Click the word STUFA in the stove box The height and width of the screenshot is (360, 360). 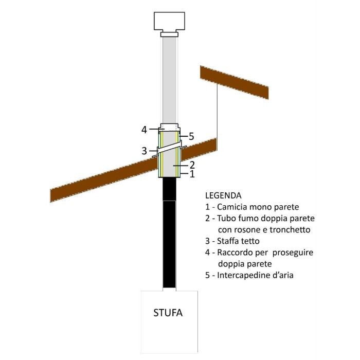tap(169, 312)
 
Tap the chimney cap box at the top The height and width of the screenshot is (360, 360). tap(169, 21)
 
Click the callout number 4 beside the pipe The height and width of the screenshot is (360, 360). tap(145, 129)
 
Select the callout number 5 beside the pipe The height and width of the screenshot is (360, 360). tap(191, 136)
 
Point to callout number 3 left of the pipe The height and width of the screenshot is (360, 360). tap(145, 151)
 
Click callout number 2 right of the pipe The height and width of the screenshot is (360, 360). tap(191, 165)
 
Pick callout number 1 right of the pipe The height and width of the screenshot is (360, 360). tap(191, 174)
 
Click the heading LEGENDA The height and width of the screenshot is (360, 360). tap(222, 196)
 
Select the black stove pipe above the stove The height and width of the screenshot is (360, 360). tap(169, 237)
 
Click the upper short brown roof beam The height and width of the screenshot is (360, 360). tap(234, 82)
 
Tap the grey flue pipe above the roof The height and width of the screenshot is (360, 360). tap(169, 82)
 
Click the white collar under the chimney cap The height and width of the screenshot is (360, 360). tap(169, 35)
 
